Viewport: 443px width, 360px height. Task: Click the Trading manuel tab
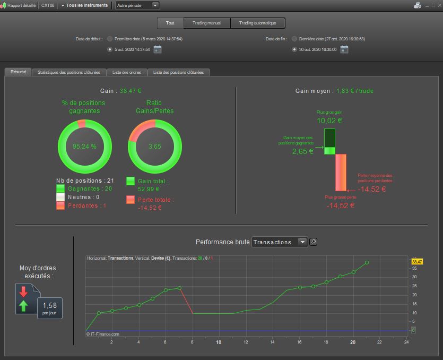point(206,23)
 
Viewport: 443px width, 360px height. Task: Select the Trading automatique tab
point(258,23)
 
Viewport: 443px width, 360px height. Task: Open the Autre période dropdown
point(137,5)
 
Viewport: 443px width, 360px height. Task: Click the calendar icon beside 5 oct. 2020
point(158,49)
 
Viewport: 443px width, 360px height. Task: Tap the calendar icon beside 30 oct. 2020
point(344,49)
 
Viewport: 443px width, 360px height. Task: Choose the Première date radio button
point(110,39)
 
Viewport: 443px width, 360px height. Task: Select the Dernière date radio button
point(294,39)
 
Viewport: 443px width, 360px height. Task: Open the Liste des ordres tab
point(127,72)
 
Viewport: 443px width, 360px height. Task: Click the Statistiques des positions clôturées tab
point(69,72)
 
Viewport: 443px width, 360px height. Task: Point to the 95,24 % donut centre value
point(84,146)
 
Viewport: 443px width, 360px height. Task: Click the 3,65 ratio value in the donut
point(155,146)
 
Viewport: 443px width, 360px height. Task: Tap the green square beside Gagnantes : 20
point(60,188)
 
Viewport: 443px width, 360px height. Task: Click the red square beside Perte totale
point(130,199)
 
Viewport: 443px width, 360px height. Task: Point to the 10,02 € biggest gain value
point(329,121)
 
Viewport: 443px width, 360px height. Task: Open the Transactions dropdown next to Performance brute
point(279,242)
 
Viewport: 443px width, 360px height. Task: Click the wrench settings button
point(313,242)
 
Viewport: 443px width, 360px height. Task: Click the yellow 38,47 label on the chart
point(417,262)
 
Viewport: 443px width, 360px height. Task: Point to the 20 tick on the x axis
point(353,342)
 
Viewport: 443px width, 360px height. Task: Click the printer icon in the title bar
point(418,5)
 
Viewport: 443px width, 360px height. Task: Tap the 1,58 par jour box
point(50,308)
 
